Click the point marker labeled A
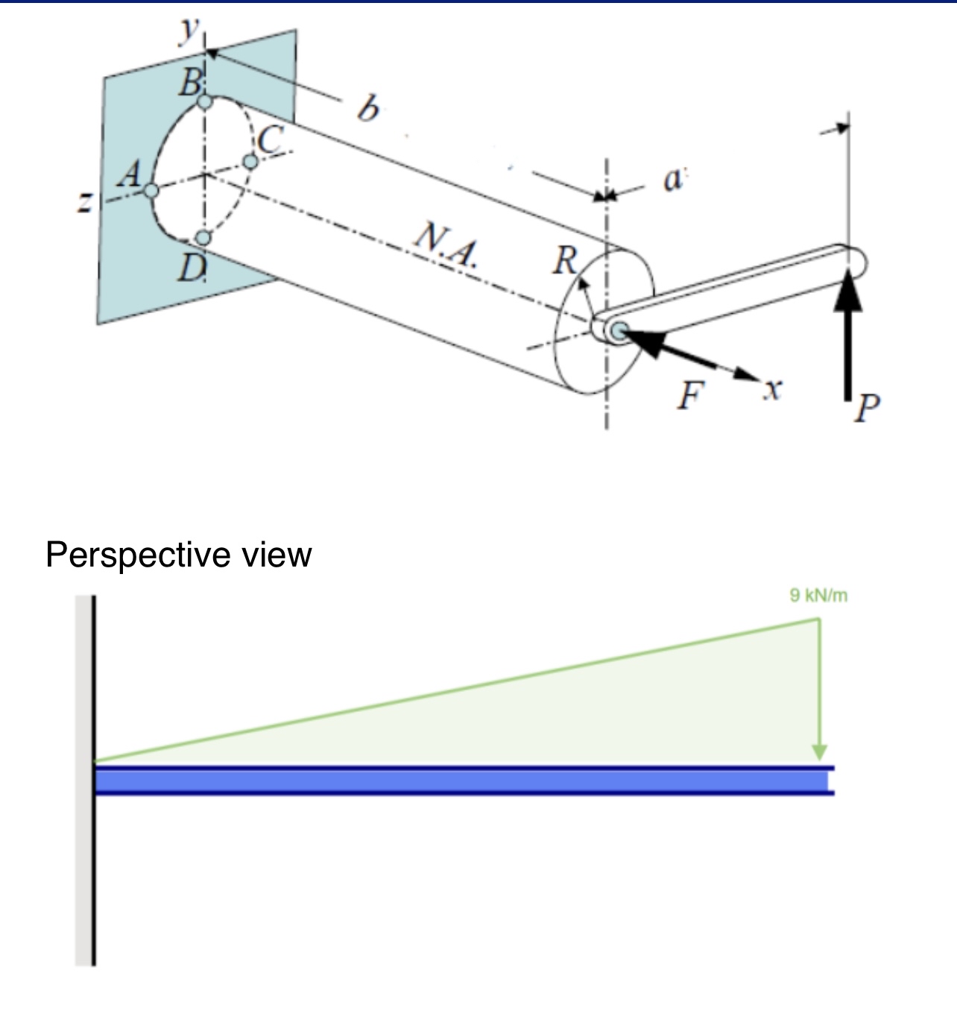[152, 191]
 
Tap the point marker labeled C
[251, 161]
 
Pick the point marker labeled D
[203, 238]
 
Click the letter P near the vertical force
[867, 409]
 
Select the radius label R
[565, 260]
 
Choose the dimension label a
[672, 180]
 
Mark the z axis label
[87, 201]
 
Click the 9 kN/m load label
[818, 596]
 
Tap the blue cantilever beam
[462, 781]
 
